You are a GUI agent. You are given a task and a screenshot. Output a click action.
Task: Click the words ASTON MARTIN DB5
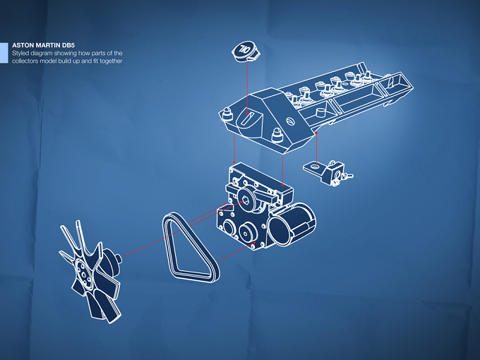click(44, 45)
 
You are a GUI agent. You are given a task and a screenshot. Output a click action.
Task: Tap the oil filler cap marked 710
click(246, 51)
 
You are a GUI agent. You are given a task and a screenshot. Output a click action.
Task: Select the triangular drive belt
click(190, 247)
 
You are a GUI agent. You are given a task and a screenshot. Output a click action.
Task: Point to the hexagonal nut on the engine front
click(245, 201)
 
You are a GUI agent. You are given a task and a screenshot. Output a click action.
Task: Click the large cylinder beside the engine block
click(292, 224)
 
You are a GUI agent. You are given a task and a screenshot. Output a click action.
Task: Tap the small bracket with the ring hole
click(328, 172)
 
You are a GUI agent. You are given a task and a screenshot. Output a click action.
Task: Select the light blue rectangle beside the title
click(4, 53)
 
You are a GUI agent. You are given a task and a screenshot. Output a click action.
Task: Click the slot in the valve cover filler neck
click(248, 118)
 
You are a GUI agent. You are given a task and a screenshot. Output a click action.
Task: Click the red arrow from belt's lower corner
click(236, 252)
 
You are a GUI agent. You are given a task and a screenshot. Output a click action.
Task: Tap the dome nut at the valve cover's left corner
click(227, 114)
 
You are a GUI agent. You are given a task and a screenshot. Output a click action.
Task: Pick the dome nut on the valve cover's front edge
click(277, 135)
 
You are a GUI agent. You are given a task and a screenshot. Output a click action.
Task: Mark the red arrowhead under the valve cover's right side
click(316, 133)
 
